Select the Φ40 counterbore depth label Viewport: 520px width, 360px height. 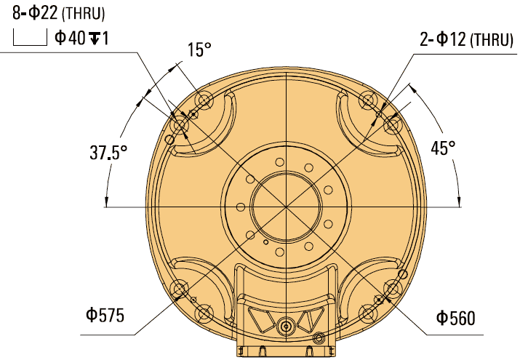pos(81,38)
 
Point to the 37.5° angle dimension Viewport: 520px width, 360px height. pos(109,153)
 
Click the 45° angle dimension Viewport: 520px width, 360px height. pos(443,148)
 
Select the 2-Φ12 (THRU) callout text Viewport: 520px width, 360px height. pos(466,40)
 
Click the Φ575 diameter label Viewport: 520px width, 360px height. pos(105,316)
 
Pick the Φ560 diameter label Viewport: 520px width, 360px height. pos(455,318)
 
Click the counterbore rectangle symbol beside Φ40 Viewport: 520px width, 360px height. pos(29,38)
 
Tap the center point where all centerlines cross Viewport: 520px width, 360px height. pos(287,207)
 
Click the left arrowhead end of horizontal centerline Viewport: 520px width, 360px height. pos(107,207)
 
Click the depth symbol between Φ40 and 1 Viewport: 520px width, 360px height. pos(95,38)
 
